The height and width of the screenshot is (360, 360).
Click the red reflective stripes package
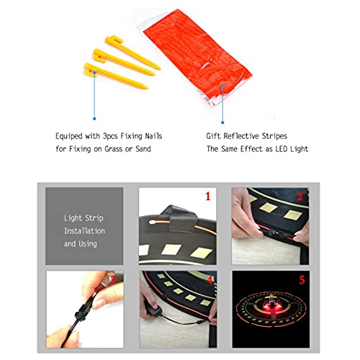(x=196, y=58)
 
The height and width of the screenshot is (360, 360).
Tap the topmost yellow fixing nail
(x=132, y=52)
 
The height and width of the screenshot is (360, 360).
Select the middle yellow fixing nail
(x=124, y=62)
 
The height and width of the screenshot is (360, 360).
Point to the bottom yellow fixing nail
(x=116, y=76)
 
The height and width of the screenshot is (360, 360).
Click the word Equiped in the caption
(x=69, y=136)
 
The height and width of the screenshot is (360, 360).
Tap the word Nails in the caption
(x=153, y=136)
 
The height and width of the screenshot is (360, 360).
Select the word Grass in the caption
(x=114, y=149)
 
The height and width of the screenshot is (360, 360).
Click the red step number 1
(x=208, y=197)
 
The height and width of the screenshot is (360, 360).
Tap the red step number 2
(x=300, y=197)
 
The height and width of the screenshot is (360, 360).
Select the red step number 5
(x=302, y=280)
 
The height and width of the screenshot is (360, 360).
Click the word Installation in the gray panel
(x=84, y=231)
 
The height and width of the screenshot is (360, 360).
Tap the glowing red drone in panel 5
(x=271, y=304)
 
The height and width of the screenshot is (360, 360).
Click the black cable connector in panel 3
(x=83, y=311)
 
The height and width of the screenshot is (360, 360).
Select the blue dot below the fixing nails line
(x=94, y=119)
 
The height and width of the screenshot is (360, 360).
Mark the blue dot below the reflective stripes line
(x=222, y=122)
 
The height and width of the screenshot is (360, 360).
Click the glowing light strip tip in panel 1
(x=152, y=222)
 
